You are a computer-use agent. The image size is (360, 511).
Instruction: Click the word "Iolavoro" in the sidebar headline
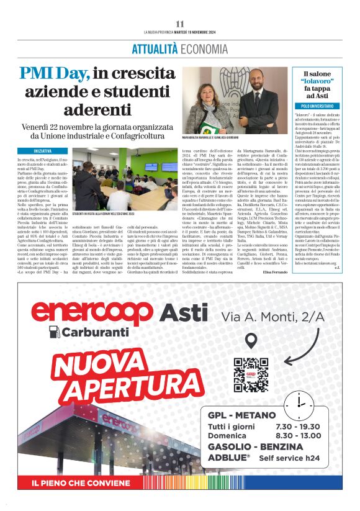(317, 81)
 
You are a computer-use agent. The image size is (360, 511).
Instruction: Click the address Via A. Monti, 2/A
(274, 317)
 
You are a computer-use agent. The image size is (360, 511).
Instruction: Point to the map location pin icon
(251, 341)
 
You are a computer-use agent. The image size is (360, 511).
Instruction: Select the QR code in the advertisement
(251, 374)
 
